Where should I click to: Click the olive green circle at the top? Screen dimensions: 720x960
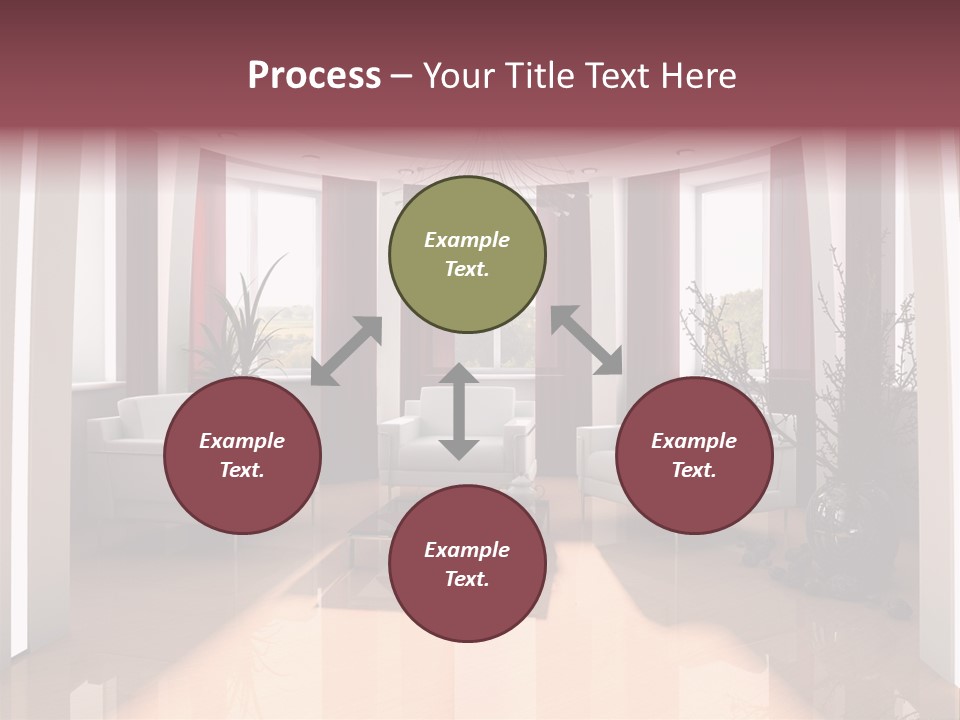point(467,255)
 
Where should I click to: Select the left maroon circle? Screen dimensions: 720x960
point(242,456)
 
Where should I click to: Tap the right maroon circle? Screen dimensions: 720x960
point(694,456)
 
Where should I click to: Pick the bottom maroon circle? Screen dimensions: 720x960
point(467,564)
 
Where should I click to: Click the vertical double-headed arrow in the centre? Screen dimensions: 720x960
point(458,412)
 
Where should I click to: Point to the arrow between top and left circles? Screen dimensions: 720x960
point(346,351)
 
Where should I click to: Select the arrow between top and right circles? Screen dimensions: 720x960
point(587,340)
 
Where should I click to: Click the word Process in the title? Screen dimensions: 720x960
point(314,76)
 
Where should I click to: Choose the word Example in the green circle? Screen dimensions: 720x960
point(467,240)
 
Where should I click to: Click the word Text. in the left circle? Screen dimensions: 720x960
point(242,470)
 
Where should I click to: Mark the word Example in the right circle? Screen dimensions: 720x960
point(694,441)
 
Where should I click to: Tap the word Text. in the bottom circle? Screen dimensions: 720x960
point(467,579)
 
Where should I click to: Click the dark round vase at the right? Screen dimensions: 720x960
point(835,515)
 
